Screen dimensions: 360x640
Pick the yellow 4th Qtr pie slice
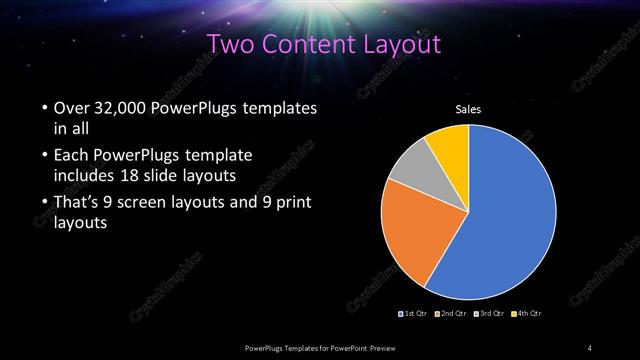pyautogui.click(x=448, y=150)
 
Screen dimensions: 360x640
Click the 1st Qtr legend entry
pyautogui.click(x=415, y=315)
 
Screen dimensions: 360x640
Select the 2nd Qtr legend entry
pyautogui.click(x=453, y=315)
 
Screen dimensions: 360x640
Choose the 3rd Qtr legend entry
pyautogui.click(x=490, y=315)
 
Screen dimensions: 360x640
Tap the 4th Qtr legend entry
pyautogui.click(x=528, y=315)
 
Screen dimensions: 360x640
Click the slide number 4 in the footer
pyautogui.click(x=590, y=347)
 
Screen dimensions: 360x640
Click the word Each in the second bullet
pyautogui.click(x=65, y=156)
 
